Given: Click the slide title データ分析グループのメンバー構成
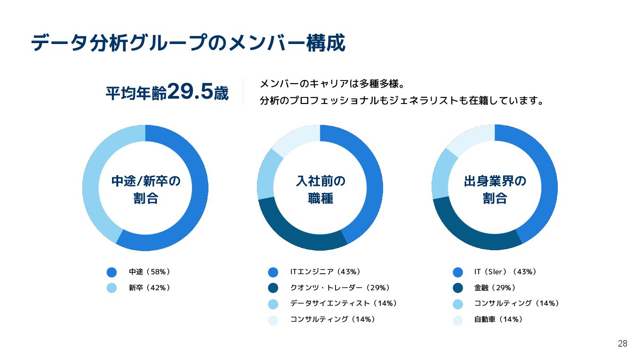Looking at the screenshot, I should click(188, 44).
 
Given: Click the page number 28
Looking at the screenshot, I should click(622, 344).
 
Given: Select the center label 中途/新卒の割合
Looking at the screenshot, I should click(146, 189).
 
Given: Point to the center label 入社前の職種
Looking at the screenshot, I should click(320, 189).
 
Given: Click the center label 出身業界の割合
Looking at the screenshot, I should click(495, 189).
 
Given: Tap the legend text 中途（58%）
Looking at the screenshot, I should click(149, 272).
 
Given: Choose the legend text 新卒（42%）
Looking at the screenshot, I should click(149, 288).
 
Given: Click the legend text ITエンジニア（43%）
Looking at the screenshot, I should click(325, 272).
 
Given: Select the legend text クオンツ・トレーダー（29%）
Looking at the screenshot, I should click(340, 288).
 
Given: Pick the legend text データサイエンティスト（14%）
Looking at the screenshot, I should click(343, 303).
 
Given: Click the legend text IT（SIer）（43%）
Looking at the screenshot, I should click(505, 272).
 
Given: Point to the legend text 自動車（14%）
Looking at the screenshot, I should click(498, 319).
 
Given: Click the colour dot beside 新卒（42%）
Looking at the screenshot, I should click(112, 288).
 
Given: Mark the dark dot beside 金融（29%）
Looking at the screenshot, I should click(458, 288).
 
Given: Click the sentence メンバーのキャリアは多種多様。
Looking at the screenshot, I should click(331, 84).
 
